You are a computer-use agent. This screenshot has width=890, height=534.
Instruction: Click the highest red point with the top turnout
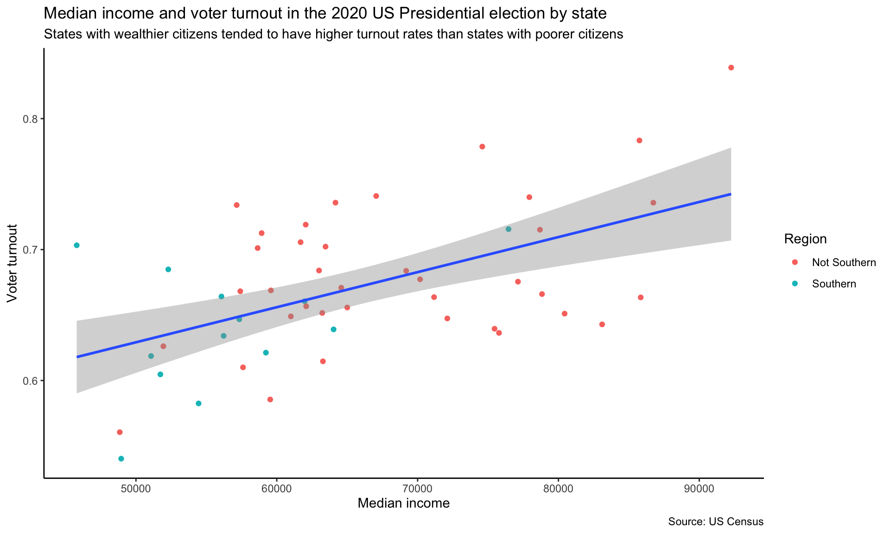tap(731, 68)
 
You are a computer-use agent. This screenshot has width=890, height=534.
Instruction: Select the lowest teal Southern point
tap(121, 458)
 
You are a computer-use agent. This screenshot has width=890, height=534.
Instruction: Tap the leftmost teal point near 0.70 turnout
tap(76, 245)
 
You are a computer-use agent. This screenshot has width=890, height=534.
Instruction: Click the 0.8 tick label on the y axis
tap(30, 119)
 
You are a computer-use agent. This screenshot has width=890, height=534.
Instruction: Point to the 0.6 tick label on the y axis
tap(30, 381)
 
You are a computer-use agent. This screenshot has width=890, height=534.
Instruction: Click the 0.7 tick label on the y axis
tap(30, 250)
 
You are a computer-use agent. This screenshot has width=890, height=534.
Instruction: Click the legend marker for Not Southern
tap(795, 262)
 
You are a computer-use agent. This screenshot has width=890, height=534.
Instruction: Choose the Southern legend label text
tap(834, 284)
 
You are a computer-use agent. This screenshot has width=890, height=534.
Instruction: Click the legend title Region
tap(805, 239)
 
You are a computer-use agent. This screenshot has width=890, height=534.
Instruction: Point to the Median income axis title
tap(403, 503)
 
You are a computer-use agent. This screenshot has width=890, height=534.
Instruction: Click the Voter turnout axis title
tap(13, 263)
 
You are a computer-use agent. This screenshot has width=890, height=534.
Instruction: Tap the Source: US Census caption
tap(715, 522)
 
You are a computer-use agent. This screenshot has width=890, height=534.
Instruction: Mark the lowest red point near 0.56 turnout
tap(120, 432)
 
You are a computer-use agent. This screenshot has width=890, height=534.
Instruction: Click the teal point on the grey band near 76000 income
tap(508, 229)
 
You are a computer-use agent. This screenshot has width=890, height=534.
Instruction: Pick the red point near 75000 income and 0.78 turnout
tap(482, 146)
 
